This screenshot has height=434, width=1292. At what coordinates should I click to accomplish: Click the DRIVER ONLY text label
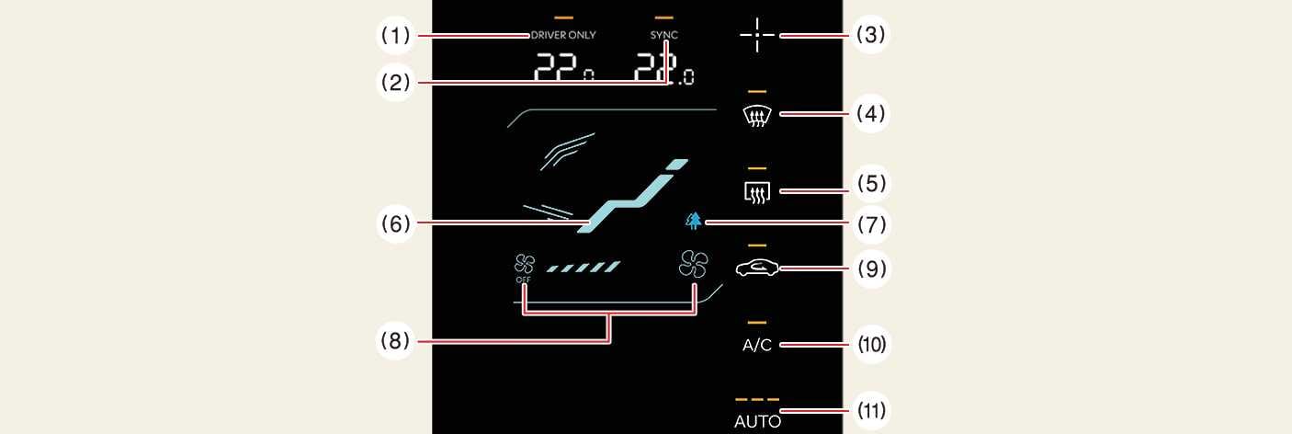[x=563, y=36]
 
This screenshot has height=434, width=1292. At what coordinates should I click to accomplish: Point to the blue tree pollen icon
[x=693, y=221]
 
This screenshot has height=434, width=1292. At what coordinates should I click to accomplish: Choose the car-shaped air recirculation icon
[x=757, y=268]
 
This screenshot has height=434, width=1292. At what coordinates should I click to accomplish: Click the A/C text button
[x=757, y=345]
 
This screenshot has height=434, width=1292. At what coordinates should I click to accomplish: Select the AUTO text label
[x=757, y=422]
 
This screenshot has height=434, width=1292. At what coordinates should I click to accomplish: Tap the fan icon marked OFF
[x=525, y=268]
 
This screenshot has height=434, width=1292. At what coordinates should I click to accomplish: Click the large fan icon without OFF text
[x=694, y=265]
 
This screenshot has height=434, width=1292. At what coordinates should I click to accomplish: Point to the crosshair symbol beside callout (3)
[x=757, y=35]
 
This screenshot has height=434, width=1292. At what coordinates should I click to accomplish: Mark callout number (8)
[x=395, y=341]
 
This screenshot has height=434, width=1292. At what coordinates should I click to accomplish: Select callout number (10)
[x=870, y=345]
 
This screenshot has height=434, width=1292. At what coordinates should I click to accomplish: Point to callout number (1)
[x=395, y=35]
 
